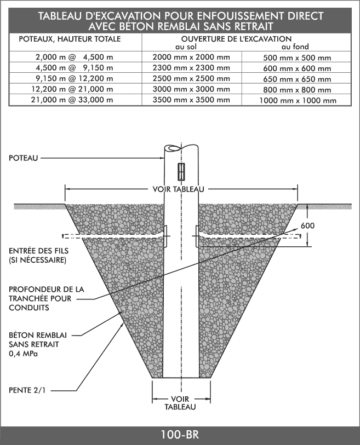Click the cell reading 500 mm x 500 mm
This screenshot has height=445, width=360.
click(297, 58)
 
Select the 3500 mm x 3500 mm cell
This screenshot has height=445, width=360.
click(191, 100)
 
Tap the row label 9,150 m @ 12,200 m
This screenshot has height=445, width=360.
click(72, 78)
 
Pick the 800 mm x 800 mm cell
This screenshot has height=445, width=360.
click(297, 90)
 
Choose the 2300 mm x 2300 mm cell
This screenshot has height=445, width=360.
click(191, 68)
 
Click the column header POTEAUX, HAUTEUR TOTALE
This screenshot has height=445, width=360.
click(70, 39)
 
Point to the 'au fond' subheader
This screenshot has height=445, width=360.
click(295, 47)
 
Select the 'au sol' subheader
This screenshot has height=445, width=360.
click(186, 47)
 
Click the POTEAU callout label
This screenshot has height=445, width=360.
click(24, 158)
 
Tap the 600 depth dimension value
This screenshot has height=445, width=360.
click(308, 226)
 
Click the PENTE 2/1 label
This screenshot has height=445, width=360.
click(27, 390)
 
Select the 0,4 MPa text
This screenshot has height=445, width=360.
click(24, 354)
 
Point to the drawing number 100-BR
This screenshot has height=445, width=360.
click(180, 435)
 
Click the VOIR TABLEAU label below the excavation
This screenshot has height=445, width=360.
click(180, 403)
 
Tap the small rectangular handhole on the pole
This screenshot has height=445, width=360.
click(181, 172)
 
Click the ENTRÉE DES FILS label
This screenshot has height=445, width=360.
click(39, 251)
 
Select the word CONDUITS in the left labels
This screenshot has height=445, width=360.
click(28, 308)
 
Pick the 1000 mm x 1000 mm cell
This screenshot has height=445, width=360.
click(298, 101)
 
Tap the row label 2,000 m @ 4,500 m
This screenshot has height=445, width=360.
click(75, 57)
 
